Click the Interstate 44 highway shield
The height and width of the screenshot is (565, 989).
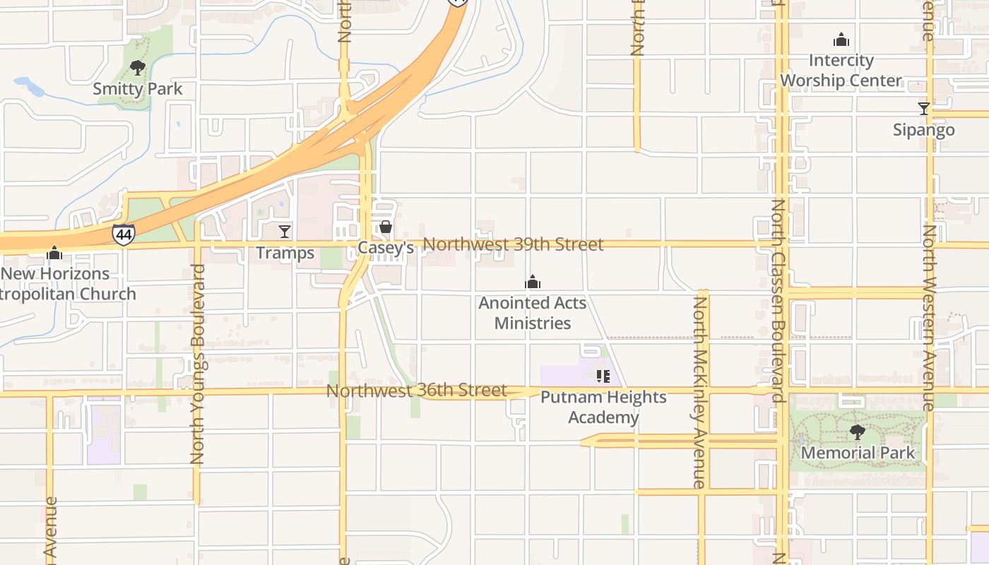pyautogui.click(x=123, y=234)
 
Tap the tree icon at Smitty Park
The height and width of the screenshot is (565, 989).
pyautogui.click(x=138, y=68)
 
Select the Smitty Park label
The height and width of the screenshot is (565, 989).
pyautogui.click(x=138, y=89)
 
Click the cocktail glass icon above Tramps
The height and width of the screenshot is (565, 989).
pyautogui.click(x=285, y=231)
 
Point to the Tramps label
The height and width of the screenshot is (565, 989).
pyautogui.click(x=285, y=253)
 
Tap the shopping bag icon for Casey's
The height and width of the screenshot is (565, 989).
pyautogui.click(x=386, y=227)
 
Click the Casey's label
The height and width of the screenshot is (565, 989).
pyautogui.click(x=386, y=248)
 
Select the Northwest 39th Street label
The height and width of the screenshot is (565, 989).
pyautogui.click(x=514, y=244)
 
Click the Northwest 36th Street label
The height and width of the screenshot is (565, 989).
pyautogui.click(x=417, y=391)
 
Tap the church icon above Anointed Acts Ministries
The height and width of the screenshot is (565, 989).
pyautogui.click(x=533, y=282)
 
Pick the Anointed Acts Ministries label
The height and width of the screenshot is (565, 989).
pyautogui.click(x=533, y=313)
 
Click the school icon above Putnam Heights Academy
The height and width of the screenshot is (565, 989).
pyautogui.click(x=603, y=376)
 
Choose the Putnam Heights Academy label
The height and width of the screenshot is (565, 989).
pyautogui.click(x=603, y=407)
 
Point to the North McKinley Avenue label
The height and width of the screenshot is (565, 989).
pyautogui.click(x=700, y=392)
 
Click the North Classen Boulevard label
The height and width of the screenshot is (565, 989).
pyautogui.click(x=778, y=300)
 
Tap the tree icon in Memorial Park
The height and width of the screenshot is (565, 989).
pyautogui.click(x=858, y=431)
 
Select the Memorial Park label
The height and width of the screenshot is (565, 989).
pyautogui.click(x=858, y=453)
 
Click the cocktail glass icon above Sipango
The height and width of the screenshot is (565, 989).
pyautogui.click(x=923, y=108)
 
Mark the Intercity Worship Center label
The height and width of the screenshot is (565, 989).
pyautogui.click(x=841, y=70)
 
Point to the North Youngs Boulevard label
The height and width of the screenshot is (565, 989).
pyautogui.click(x=198, y=364)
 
